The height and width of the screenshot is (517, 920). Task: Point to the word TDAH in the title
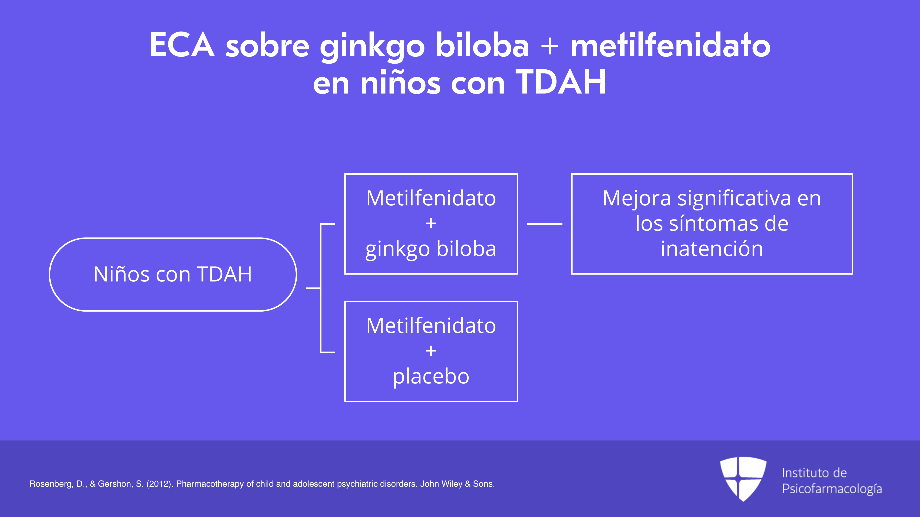click(x=561, y=82)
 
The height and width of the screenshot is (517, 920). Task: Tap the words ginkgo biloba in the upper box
click(x=431, y=249)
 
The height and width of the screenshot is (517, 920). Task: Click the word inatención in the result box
click(x=712, y=249)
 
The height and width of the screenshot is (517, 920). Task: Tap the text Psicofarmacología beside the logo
click(x=832, y=489)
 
